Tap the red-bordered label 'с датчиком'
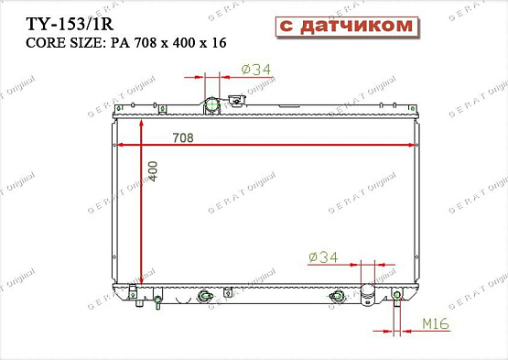tap(343, 27)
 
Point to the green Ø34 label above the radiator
tap(256, 68)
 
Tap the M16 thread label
tap(436, 324)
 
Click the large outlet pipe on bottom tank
tap(369, 295)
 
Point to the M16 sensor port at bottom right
tap(398, 295)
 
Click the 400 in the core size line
tap(189, 43)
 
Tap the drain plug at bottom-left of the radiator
tap(134, 294)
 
